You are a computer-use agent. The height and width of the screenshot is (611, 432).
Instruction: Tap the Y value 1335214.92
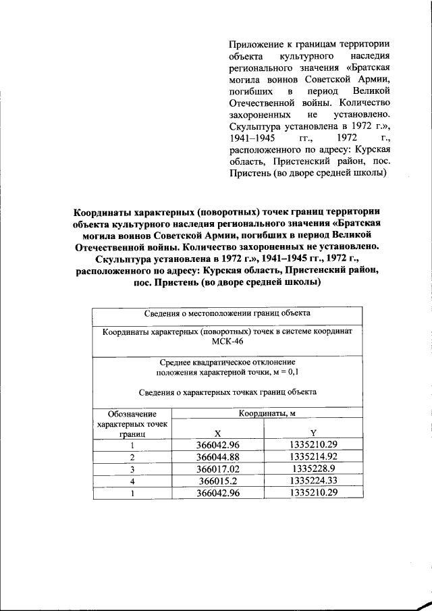point(313,457)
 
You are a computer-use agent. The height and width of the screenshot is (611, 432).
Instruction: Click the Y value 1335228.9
point(313,469)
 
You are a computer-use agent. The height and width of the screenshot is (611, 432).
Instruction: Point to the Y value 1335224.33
point(313,481)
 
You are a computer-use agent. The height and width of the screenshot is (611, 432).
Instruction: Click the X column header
point(217,433)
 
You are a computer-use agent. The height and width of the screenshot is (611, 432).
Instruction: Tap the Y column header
point(313,433)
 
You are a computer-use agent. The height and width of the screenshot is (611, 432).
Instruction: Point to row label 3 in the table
point(133,469)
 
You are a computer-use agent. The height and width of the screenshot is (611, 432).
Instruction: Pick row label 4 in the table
point(133,481)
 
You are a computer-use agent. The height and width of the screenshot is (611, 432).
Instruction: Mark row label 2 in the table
point(133,457)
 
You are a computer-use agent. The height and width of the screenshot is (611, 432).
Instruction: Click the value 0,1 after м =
point(292,372)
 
